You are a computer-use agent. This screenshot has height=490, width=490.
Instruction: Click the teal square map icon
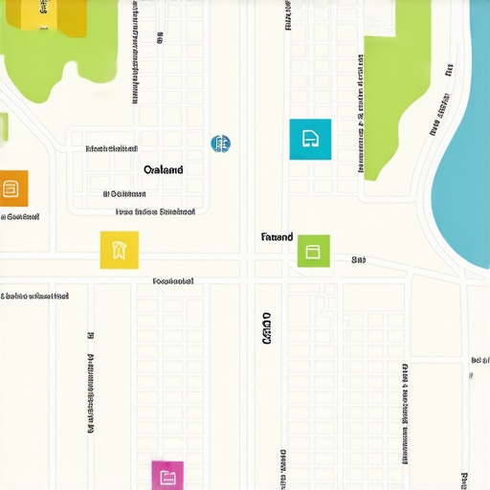pos(310,139)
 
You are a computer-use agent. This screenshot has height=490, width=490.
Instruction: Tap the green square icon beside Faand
pos(313,251)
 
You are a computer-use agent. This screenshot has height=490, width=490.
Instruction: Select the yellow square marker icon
pos(120,250)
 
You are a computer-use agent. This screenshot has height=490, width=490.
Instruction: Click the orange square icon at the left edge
pos(12,189)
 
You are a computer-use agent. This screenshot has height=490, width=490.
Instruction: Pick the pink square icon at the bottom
pos(167,476)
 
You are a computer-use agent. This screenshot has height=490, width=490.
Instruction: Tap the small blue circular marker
pos(220,145)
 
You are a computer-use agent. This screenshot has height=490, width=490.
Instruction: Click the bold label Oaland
pos(163,169)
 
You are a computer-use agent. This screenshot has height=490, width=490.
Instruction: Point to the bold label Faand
pos(277,236)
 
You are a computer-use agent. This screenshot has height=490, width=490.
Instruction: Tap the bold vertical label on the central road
pos(266,327)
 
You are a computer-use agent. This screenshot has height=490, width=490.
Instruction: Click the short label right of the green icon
pos(359,259)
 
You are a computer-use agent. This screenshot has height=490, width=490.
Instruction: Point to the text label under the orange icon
pos(19,217)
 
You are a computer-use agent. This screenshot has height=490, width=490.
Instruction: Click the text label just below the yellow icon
pos(173,281)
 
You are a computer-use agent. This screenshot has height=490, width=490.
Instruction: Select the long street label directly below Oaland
pos(155,212)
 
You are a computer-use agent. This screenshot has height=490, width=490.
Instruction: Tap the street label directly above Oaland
pos(111,149)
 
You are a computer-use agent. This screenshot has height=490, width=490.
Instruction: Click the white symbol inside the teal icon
pos(310,139)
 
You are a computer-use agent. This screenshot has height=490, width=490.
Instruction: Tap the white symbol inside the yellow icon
pos(120,250)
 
